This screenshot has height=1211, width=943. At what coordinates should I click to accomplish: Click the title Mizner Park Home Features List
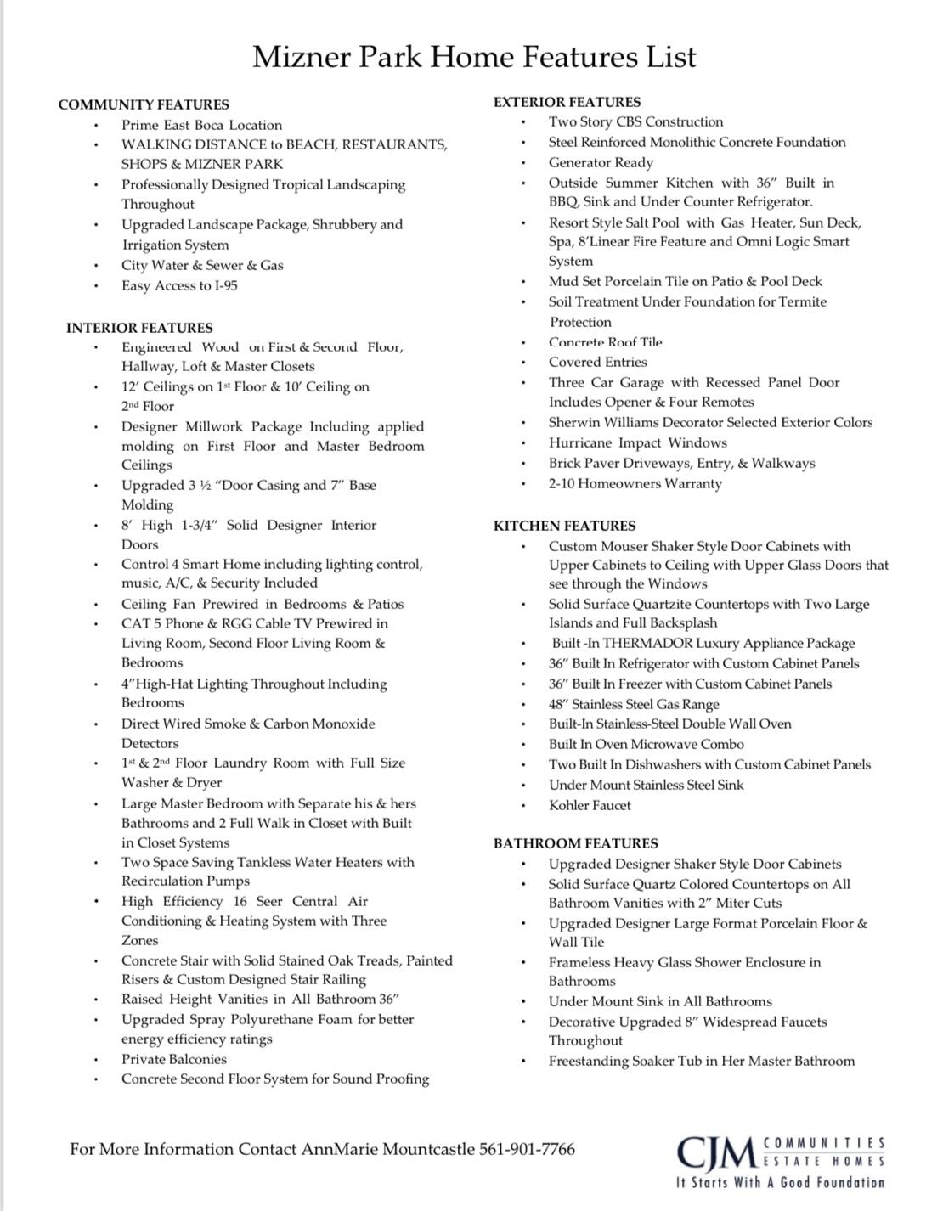click(474, 58)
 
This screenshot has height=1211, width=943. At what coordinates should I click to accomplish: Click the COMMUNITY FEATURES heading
click(144, 104)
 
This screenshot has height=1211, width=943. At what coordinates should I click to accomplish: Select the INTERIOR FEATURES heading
click(139, 328)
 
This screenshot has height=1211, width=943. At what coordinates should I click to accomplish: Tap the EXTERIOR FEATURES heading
click(567, 102)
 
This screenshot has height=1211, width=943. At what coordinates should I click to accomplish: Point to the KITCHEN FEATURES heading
click(564, 526)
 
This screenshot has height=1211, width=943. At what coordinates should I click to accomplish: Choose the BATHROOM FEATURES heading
click(575, 843)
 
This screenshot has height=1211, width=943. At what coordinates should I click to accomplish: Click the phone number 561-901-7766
click(527, 1150)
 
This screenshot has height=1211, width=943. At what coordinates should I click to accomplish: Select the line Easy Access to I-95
click(179, 286)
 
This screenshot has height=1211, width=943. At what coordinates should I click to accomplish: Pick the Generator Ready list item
click(601, 162)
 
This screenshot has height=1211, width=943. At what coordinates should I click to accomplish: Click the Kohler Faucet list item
click(590, 805)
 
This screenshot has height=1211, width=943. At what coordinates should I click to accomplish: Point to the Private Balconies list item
click(174, 1059)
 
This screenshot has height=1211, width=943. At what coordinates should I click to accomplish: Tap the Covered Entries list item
click(597, 362)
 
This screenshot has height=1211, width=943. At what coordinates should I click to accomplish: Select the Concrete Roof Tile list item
click(605, 342)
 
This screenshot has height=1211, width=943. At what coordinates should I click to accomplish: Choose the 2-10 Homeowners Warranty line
click(635, 484)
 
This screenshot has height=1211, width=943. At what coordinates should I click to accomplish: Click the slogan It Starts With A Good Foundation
click(780, 1182)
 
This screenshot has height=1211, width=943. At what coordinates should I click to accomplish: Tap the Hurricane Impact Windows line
click(637, 442)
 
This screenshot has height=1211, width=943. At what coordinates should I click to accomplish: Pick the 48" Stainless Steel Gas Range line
click(634, 704)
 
